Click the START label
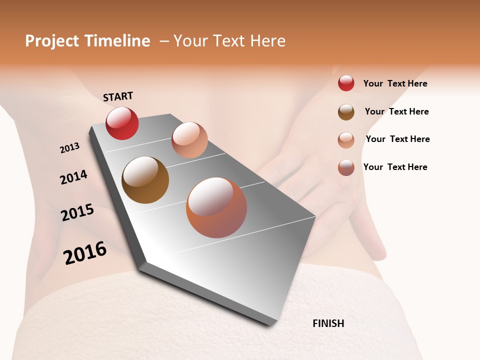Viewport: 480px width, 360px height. pos(118,96)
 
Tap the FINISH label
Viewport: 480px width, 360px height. pos(328,323)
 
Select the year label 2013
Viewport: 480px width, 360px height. pos(70,147)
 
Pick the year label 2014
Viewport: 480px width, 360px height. pos(73,177)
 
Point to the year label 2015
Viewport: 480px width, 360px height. pos(77,212)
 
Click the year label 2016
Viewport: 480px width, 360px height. pos(85,252)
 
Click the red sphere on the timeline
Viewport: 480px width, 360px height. pos(122,123)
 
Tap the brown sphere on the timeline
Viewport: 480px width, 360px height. pos(145,180)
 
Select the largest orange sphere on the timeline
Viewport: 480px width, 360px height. pos(216,207)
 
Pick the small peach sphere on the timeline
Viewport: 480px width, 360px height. pos(189,140)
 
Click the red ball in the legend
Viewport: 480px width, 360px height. pos(346,83)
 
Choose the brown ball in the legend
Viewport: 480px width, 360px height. pos(346,112)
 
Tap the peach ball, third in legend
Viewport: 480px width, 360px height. pos(346,140)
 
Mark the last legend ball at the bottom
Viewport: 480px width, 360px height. pos(346,167)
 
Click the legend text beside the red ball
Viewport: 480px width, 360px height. pos(395,83)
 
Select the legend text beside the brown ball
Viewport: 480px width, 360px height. pos(396,111)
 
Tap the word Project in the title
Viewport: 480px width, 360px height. pos(52,41)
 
